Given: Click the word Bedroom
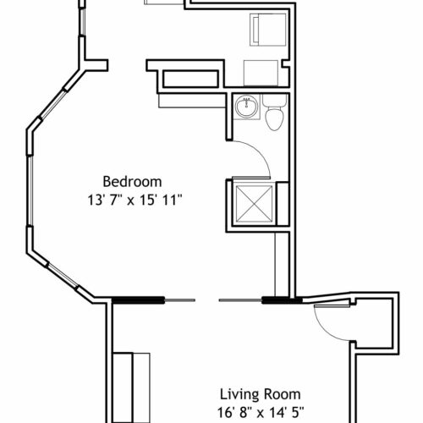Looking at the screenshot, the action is pyautogui.click(x=132, y=182).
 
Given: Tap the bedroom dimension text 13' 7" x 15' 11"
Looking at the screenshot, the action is pyautogui.click(x=134, y=201).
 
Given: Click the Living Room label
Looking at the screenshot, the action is pyautogui.click(x=260, y=394).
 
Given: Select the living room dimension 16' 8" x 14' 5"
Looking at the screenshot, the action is pyautogui.click(x=261, y=413).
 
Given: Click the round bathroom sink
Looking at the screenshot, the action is pyautogui.click(x=247, y=107).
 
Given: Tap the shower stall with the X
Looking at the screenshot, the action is pyautogui.click(x=254, y=204).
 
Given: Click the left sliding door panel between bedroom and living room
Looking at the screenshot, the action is pyautogui.click(x=153, y=300).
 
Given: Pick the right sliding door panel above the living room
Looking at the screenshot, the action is pyautogui.click(x=260, y=300).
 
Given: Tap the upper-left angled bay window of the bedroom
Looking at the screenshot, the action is pyautogui.click(x=52, y=104).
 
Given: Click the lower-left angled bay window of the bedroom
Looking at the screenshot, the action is pyautogui.click(x=62, y=277).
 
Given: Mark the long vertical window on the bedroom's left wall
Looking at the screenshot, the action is pyautogui.click(x=30, y=190).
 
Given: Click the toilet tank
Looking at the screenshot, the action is pyautogui.click(x=275, y=101).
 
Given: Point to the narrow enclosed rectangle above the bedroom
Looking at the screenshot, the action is pyautogui.click(x=190, y=79).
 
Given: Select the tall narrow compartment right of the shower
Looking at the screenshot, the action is pyautogui.click(x=283, y=204).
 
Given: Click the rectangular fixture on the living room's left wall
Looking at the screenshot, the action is pyautogui.click(x=131, y=387).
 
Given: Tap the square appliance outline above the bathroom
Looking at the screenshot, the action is pyautogui.click(x=261, y=73).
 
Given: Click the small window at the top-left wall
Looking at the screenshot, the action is pyautogui.click(x=82, y=22).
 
